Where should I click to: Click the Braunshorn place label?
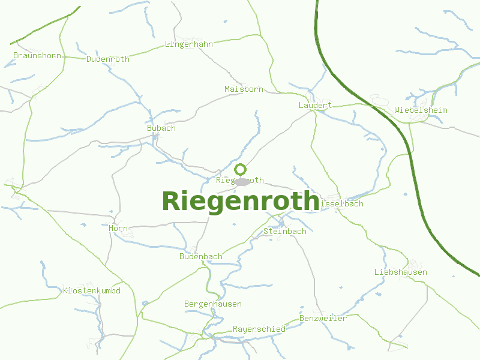point(37,55)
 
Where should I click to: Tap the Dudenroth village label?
point(108,59)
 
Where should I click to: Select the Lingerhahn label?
point(189,44)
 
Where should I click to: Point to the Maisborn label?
point(244,89)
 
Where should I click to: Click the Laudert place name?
point(315,105)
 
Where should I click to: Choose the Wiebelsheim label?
point(421,110)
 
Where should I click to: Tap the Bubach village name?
point(161,128)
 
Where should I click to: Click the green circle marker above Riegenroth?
point(240,169)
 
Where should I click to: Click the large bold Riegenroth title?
point(240,201)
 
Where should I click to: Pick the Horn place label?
point(118,228)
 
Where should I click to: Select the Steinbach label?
point(285,231)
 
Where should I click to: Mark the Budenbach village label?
point(201,256)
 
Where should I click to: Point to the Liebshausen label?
point(401,272)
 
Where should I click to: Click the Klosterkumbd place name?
point(92,290)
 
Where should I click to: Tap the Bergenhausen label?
point(213,304)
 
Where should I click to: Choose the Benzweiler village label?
point(323,318)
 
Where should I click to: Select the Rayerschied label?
point(259,329)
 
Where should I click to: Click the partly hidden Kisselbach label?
point(342,203)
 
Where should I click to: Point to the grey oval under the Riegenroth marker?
point(242,181)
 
